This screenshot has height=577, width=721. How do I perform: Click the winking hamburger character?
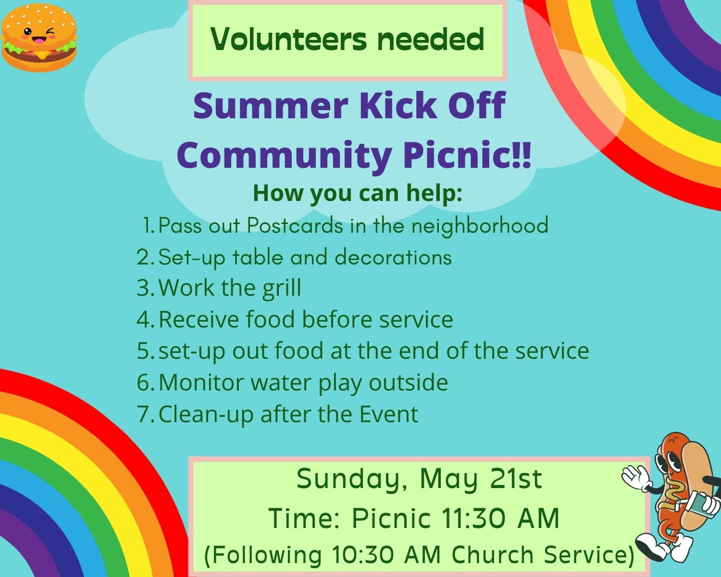coord(39,38)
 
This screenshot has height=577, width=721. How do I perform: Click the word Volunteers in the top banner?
coord(288,39)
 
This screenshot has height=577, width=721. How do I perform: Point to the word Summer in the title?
coord(271,106)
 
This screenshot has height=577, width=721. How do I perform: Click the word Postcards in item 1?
coord(295,225)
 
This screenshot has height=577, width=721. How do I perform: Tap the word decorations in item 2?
coord(393,258)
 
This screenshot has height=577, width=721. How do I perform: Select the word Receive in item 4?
coord(199,319)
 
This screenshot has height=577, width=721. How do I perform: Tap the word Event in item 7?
coord(389,414)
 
